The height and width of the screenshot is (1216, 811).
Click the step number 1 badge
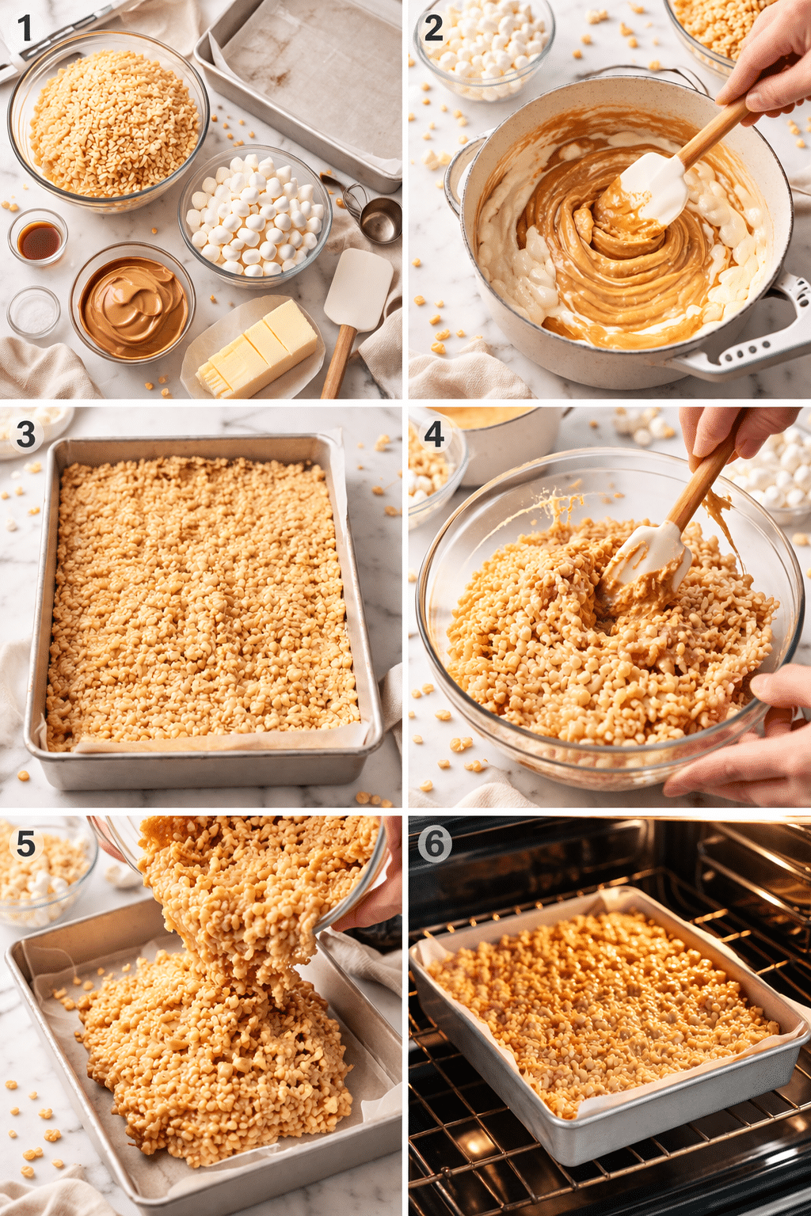tap(25, 29)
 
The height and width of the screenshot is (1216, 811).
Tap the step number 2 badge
tap(433, 29)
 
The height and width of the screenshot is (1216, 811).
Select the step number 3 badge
tap(25, 435)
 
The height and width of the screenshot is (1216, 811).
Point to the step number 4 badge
tap(433, 435)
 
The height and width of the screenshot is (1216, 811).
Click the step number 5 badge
tap(25, 844)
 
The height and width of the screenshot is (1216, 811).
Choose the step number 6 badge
tap(434, 844)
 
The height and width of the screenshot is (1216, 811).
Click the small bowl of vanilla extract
tap(38, 238)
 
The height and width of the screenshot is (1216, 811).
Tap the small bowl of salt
tap(34, 313)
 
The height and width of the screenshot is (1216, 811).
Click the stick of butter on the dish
tap(257, 348)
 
